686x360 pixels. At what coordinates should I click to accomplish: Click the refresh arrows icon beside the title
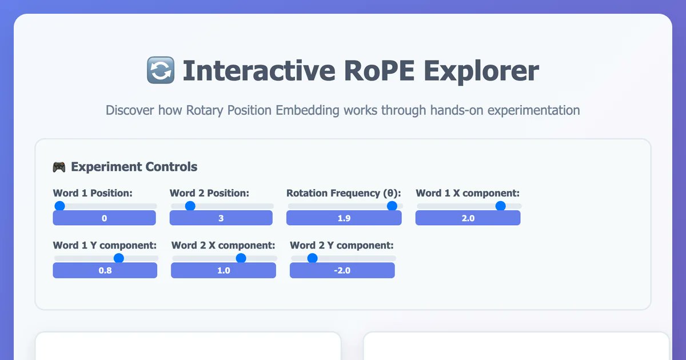(160, 71)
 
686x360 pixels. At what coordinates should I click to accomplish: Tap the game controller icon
(59, 167)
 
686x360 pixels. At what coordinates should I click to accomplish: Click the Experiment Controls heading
(134, 167)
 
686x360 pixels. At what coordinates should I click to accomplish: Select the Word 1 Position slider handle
(59, 206)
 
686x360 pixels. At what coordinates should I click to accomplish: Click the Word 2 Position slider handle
(190, 206)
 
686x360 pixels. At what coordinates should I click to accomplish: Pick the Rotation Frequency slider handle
(392, 206)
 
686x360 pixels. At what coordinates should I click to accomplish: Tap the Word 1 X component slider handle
(500, 206)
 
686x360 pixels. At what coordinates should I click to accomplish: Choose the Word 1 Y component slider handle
(118, 258)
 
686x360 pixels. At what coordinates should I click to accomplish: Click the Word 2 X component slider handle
(241, 258)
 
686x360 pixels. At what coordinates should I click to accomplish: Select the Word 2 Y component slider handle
(312, 258)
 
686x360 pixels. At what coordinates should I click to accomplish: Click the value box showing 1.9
(344, 218)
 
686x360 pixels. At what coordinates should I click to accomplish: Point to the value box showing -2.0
(342, 270)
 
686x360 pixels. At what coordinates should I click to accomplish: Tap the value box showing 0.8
(105, 270)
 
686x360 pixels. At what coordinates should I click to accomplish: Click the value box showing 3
(221, 218)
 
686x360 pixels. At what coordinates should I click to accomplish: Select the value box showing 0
(104, 218)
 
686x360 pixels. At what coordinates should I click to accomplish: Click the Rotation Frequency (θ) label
(344, 193)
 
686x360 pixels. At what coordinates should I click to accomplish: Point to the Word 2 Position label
(209, 193)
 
